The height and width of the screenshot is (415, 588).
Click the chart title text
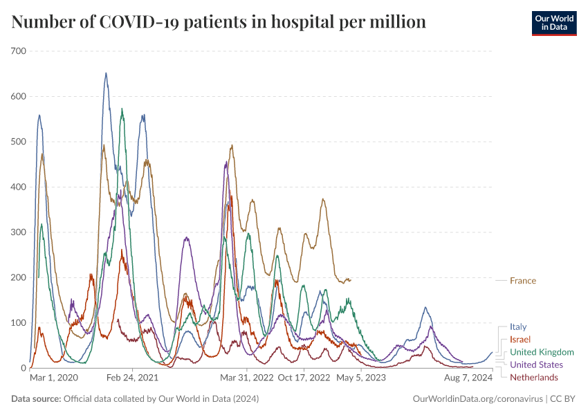(219, 22)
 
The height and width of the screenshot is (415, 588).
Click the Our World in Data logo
(553, 23)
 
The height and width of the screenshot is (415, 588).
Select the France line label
(522, 281)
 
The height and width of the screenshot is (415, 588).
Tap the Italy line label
(518, 326)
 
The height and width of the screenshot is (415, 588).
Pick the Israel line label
(520, 340)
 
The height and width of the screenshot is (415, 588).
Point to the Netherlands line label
(533, 377)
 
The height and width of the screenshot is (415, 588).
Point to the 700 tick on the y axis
(18, 51)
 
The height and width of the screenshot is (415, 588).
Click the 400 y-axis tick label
(18, 187)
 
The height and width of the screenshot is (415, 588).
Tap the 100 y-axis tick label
(18, 323)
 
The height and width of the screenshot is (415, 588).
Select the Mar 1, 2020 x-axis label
(54, 378)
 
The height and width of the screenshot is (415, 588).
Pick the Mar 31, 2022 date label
(246, 378)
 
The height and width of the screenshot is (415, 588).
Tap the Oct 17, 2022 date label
(304, 378)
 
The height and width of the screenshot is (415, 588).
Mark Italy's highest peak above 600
(106, 73)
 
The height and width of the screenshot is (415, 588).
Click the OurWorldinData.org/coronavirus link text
(477, 399)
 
